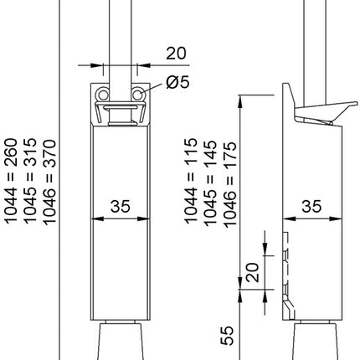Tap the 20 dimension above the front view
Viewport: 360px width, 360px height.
point(174,53)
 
